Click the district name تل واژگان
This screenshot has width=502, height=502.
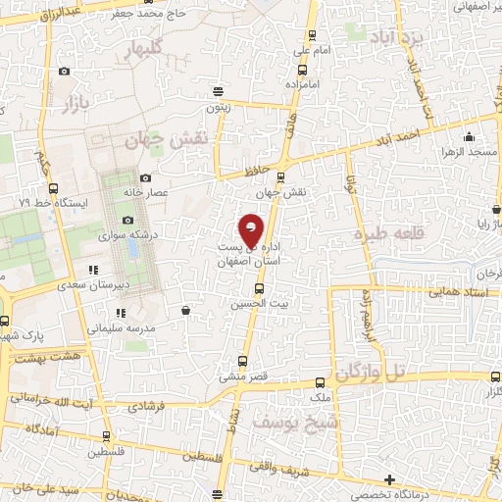pyautogui.click(x=371, y=373)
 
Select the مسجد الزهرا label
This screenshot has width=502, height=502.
pyautogui.click(x=469, y=154)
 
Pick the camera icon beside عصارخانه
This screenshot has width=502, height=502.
pyautogui.click(x=145, y=178)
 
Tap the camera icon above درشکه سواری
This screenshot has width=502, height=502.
pyautogui.click(x=127, y=222)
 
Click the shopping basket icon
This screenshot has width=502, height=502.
pyautogui.click(x=185, y=311)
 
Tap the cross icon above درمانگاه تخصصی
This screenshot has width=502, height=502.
pyautogui.click(x=389, y=479)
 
